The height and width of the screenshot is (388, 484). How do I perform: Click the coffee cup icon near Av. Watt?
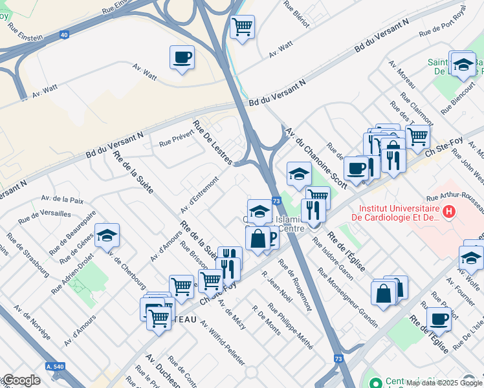[182, 57]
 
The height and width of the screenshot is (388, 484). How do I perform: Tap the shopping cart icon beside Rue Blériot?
[242, 27]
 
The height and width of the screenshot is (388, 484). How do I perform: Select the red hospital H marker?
[448, 211]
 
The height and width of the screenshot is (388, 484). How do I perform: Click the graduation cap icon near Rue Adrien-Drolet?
[107, 236]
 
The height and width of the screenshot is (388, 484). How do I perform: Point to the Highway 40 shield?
[64, 37]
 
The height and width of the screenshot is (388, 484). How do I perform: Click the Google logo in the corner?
[21, 380]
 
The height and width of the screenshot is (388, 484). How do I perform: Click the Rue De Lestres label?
[212, 142]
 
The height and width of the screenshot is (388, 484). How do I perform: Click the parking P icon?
[272, 240]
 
